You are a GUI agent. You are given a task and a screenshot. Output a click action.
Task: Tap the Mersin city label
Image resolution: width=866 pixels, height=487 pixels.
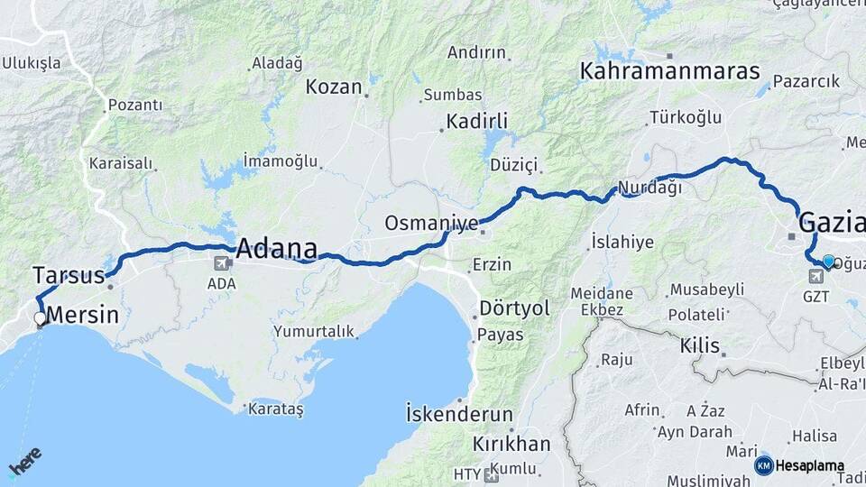pyautogui.click(x=81, y=316)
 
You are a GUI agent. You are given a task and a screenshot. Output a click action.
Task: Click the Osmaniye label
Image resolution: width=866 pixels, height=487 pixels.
pyautogui.click(x=430, y=223)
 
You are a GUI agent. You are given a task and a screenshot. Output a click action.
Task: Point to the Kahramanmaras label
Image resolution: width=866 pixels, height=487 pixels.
pyautogui.click(x=669, y=71)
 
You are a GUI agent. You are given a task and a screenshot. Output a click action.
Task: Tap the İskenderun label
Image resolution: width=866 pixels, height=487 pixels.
pyautogui.click(x=459, y=416)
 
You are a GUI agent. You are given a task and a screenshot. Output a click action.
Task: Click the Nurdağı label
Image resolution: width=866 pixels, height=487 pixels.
pyautogui.click(x=649, y=189)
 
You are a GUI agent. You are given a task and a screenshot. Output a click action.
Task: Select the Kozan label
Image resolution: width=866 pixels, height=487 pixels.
pyautogui.click(x=334, y=87)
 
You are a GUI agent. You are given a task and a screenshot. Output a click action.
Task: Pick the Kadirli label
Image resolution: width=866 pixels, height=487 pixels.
pyautogui.click(x=477, y=121)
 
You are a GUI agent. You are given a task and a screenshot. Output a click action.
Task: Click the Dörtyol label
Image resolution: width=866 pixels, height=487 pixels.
pyautogui.click(x=514, y=308)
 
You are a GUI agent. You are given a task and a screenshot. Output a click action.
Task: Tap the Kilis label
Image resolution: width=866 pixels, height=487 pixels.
pyautogui.click(x=700, y=345)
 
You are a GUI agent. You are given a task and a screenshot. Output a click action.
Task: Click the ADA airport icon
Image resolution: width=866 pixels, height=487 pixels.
pyautogui.click(x=221, y=263)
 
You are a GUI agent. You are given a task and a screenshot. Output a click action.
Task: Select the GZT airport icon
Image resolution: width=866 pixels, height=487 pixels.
pyautogui.click(x=816, y=275)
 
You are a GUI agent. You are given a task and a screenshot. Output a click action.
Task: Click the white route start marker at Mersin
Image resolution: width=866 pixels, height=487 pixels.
pyautogui.click(x=40, y=318)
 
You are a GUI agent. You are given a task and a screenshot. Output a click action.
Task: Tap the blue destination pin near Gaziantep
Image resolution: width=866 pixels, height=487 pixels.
pyautogui.click(x=828, y=261)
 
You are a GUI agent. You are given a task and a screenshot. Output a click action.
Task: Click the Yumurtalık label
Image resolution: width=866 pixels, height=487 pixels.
pyautogui.click(x=315, y=331)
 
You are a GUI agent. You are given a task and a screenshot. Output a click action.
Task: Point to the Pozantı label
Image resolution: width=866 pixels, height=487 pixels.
pyautogui.click(x=135, y=106)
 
